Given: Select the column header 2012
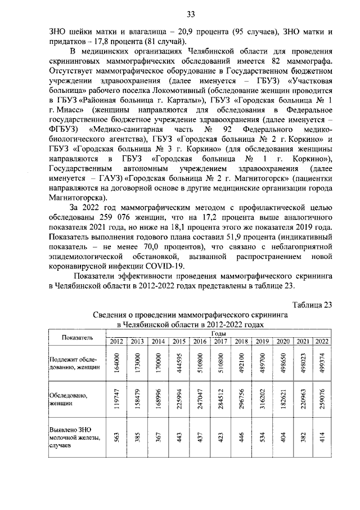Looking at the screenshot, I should pos(116,342).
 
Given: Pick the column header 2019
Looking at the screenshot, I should pos(262,342).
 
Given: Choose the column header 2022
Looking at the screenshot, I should pos(322,342).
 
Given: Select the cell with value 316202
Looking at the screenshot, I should pos(262,403).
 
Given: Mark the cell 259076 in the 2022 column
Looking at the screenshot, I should pos(322,403).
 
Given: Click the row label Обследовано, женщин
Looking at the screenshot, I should pos(67,400).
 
